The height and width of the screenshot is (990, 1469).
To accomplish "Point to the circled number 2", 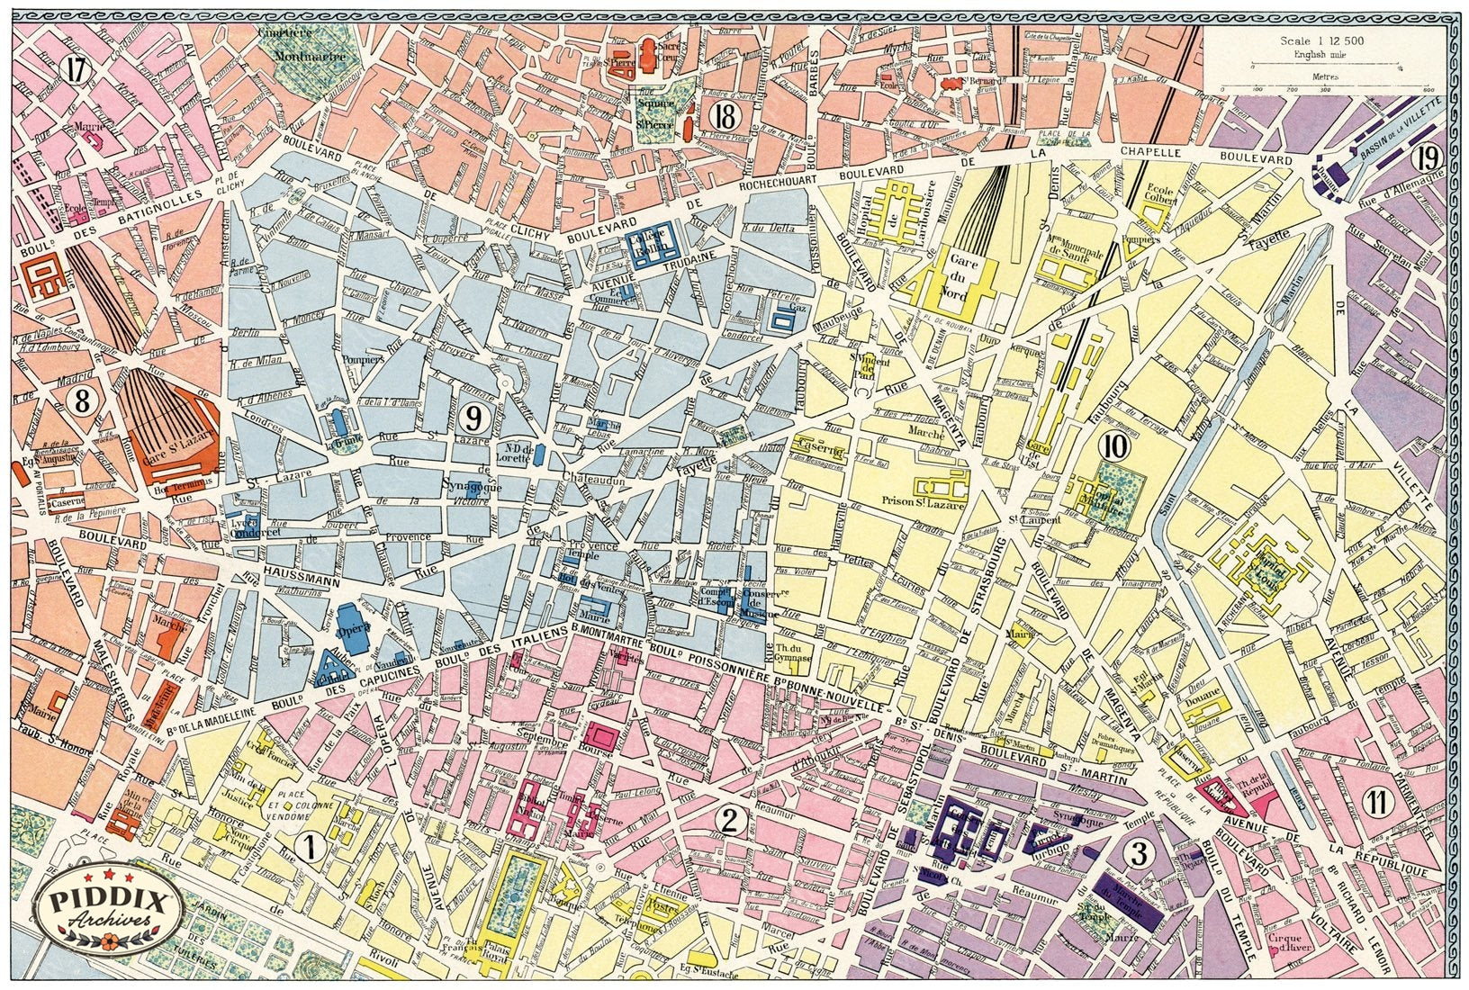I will [730, 820].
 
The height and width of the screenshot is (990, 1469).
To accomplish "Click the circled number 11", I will [1374, 802].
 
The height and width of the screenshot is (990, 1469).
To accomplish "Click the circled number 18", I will [723, 115].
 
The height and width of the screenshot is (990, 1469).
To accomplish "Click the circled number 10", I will [1115, 444].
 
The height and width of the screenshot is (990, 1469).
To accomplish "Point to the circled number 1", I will [311, 846].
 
